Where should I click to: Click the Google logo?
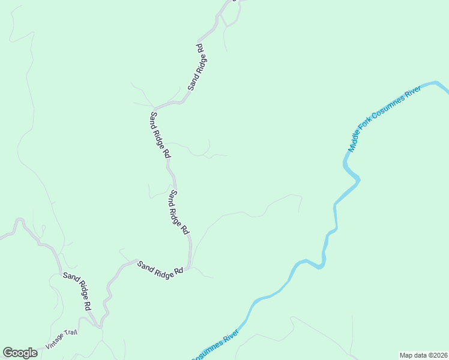click(20, 353)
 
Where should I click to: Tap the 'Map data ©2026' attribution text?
click(423, 355)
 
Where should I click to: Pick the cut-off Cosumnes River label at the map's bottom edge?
click(216, 346)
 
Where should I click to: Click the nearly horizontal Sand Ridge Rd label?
click(160, 268)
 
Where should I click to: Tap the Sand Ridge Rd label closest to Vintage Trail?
click(77, 291)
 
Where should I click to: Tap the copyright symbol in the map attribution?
click(428, 355)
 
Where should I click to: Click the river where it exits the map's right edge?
click(445, 89)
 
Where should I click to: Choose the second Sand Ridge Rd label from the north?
click(160, 134)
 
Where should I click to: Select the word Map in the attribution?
click(406, 355)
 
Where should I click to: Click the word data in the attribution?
click(419, 355)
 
